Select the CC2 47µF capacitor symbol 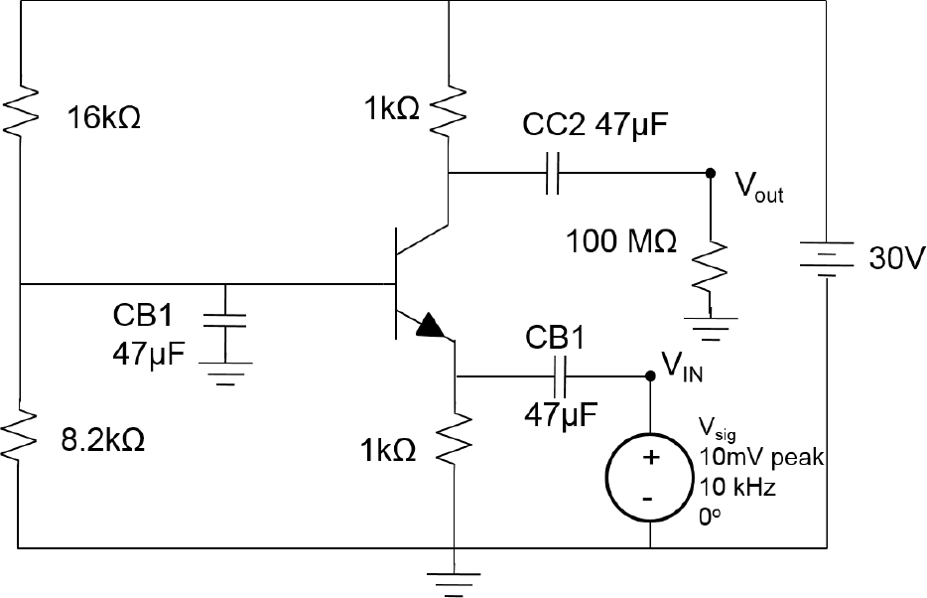(x=553, y=173)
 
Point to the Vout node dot (x=710, y=173)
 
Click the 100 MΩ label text (x=622, y=240)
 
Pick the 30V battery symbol (x=825, y=260)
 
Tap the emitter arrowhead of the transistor (x=429, y=325)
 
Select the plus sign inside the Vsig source (x=650, y=459)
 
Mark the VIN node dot (x=650, y=376)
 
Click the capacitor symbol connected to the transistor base (x=226, y=320)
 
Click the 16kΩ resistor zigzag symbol (x=20, y=107)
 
